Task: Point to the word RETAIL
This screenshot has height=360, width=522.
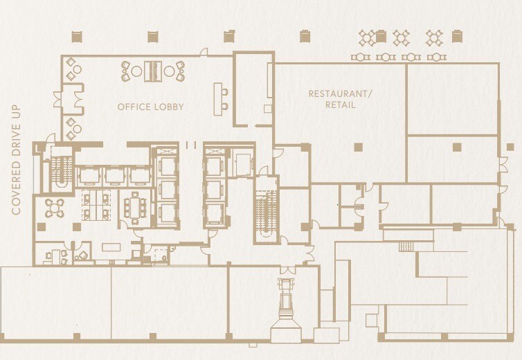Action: (x=340, y=105)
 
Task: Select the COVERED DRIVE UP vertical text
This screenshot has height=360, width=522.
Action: (x=17, y=159)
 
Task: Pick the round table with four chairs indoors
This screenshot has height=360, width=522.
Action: (x=54, y=206)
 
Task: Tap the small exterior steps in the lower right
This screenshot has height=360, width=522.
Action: (x=407, y=246)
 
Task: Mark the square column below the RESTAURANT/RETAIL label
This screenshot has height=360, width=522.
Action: (x=357, y=146)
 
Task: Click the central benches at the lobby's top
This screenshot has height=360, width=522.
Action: (x=153, y=70)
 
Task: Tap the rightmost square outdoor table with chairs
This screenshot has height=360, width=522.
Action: (x=434, y=37)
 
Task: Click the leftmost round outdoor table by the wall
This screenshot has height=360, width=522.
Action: (x=360, y=57)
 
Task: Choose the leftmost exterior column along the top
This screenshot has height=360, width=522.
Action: (x=77, y=36)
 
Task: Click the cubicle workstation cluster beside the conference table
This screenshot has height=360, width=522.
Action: (x=95, y=205)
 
